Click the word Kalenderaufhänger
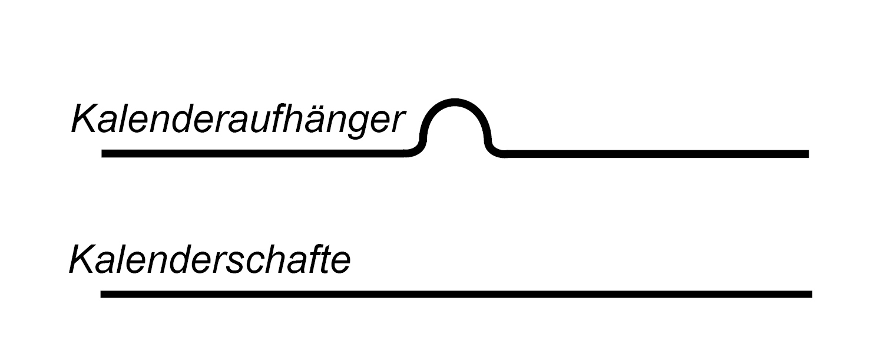point(238,120)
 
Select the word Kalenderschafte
point(210,260)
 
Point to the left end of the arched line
point(103,154)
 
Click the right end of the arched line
point(807,154)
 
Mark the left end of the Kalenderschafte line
point(102,294)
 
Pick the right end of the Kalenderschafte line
point(810,294)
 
